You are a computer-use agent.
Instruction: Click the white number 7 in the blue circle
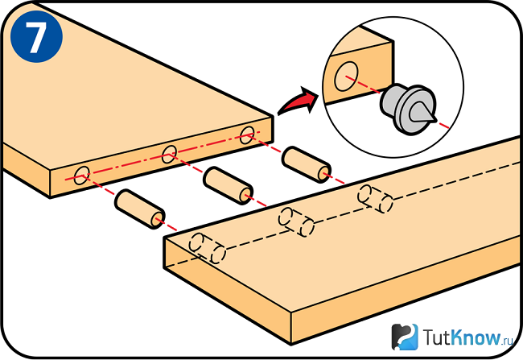(x=36, y=37)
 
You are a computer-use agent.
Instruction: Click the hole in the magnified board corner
(x=347, y=77)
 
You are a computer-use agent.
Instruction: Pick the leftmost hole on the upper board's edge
(x=82, y=176)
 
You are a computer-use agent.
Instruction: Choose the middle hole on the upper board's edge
(x=170, y=155)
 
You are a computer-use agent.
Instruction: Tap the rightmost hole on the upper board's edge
(x=247, y=135)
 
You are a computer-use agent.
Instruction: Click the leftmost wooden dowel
(x=139, y=209)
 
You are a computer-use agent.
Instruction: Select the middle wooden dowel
(x=229, y=186)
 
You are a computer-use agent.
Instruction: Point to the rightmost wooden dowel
(x=307, y=164)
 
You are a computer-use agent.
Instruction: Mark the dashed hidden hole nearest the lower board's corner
(x=207, y=248)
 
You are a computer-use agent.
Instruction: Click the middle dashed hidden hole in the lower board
(x=296, y=221)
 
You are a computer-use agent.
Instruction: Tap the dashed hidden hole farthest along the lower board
(x=375, y=199)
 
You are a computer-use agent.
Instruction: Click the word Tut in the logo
(x=437, y=337)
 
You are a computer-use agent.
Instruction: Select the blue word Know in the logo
(x=476, y=337)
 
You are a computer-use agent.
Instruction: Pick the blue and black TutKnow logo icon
(x=405, y=337)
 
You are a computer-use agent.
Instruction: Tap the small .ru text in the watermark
(x=508, y=341)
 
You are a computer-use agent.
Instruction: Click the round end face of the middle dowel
(x=246, y=195)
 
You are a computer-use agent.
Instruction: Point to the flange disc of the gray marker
(x=414, y=110)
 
